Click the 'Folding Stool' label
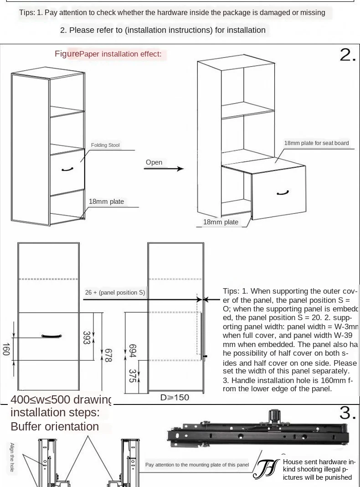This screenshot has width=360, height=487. pos(105,145)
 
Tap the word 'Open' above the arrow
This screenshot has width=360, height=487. pos(154,162)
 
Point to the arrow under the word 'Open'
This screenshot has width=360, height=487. pos(164,169)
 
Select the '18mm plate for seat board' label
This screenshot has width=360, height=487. pos(316,143)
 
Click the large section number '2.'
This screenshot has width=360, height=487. pos(347,55)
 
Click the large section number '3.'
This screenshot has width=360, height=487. pos(347,413)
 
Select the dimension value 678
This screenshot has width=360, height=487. pos(108,355)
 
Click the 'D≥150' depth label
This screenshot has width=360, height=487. pos(175,398)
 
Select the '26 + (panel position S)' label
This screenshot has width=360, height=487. pos(115,293)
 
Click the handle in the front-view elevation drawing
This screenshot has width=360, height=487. pos(51,336)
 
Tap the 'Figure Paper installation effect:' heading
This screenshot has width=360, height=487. pos(108,54)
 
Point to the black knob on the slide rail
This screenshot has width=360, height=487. pos(274,416)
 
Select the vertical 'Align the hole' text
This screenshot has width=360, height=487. pos(12,457)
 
